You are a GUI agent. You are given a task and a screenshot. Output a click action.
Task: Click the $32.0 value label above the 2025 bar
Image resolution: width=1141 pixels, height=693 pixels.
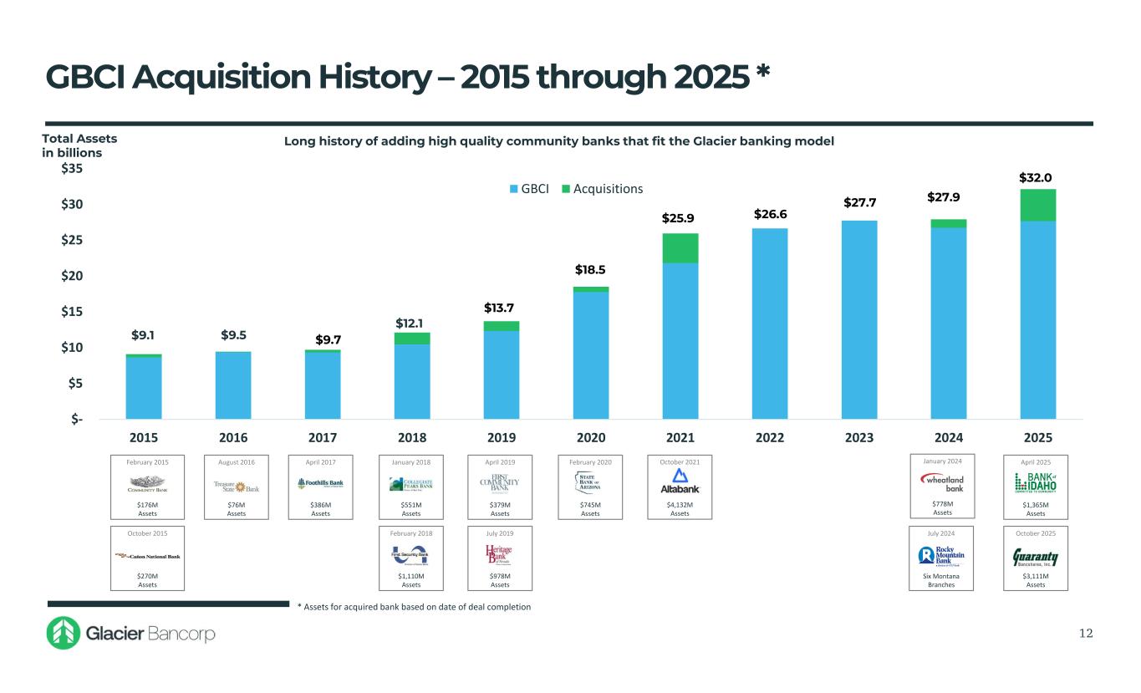tap(1035, 178)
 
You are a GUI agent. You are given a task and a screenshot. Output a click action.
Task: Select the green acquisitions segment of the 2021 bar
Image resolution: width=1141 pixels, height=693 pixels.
tap(680, 248)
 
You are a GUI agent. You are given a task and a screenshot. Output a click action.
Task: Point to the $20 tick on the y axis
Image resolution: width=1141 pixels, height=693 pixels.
tap(73, 276)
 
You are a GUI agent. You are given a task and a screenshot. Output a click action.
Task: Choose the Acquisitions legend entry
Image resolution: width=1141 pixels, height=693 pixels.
tap(602, 189)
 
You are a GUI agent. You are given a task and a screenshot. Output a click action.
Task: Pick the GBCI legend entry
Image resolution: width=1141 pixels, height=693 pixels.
tap(530, 189)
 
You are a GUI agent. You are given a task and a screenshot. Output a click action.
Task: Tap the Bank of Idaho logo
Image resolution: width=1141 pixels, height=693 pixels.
tap(1035, 482)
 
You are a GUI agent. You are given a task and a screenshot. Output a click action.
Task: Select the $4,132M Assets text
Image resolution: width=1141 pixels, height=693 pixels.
tap(680, 508)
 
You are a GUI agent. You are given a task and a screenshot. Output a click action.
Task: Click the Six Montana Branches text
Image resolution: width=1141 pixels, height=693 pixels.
tap(942, 580)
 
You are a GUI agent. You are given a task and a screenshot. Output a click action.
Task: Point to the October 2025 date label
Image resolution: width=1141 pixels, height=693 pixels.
tap(1035, 532)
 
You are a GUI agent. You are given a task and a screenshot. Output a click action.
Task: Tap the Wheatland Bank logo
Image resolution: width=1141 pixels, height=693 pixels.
tap(942, 482)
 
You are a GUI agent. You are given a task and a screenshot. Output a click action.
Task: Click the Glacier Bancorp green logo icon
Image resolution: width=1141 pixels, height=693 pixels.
tap(63, 634)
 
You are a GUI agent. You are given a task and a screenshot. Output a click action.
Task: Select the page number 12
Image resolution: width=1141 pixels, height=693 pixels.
tap(1085, 634)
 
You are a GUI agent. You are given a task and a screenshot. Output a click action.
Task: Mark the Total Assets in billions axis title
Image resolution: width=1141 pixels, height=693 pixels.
tap(79, 145)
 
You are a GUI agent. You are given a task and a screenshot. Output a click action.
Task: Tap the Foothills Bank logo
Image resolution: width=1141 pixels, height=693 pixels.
tap(320, 483)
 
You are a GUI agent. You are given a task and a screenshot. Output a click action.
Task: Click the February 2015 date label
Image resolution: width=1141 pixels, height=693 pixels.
tap(147, 461)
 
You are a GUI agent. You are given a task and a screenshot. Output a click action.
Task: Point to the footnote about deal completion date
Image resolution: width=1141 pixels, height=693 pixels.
tap(414, 606)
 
